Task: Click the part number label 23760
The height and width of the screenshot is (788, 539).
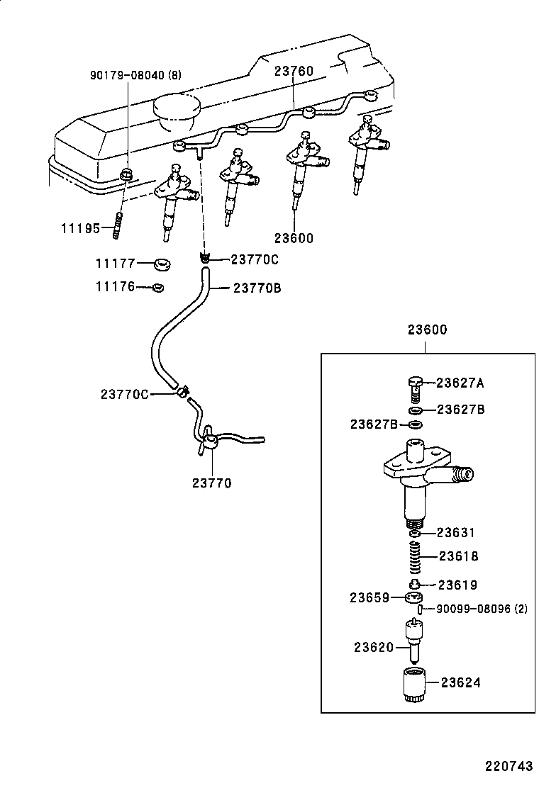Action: pos(294,71)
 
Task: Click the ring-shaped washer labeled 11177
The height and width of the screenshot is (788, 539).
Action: pos(162,265)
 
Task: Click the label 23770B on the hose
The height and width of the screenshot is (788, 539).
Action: pos(257,288)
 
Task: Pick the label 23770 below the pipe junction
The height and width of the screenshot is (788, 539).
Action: pos(211,483)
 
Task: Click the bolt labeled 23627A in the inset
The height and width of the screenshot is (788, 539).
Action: pos(416,388)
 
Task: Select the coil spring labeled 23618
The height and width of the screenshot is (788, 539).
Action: pos(417,557)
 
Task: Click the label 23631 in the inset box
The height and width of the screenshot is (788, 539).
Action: pos(455,532)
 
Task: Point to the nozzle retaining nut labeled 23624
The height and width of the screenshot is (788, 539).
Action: pos(411,685)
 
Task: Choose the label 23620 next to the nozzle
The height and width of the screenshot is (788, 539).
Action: pos(374,646)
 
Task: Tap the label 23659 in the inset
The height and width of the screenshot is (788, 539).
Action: pos(369,597)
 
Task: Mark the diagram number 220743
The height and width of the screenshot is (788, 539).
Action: pos(509,767)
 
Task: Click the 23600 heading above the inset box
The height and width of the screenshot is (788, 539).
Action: pos(427,330)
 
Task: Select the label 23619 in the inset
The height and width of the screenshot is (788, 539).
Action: pos(457,585)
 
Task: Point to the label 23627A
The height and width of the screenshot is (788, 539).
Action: pos(460,383)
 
